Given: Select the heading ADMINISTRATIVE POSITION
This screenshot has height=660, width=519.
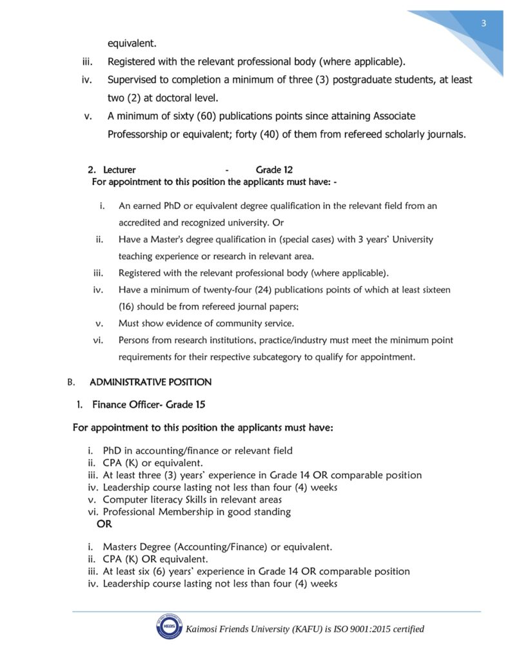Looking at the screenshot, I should (x=150, y=382).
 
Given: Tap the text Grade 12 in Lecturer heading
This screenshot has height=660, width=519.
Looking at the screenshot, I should (x=274, y=170).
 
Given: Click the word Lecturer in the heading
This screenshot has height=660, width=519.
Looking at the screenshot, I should (x=119, y=170).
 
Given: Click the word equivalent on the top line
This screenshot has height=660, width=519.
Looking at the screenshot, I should (x=132, y=44).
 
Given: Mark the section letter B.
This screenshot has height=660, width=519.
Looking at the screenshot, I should (x=71, y=382).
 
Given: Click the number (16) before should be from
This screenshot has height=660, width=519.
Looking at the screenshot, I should (x=128, y=307).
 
